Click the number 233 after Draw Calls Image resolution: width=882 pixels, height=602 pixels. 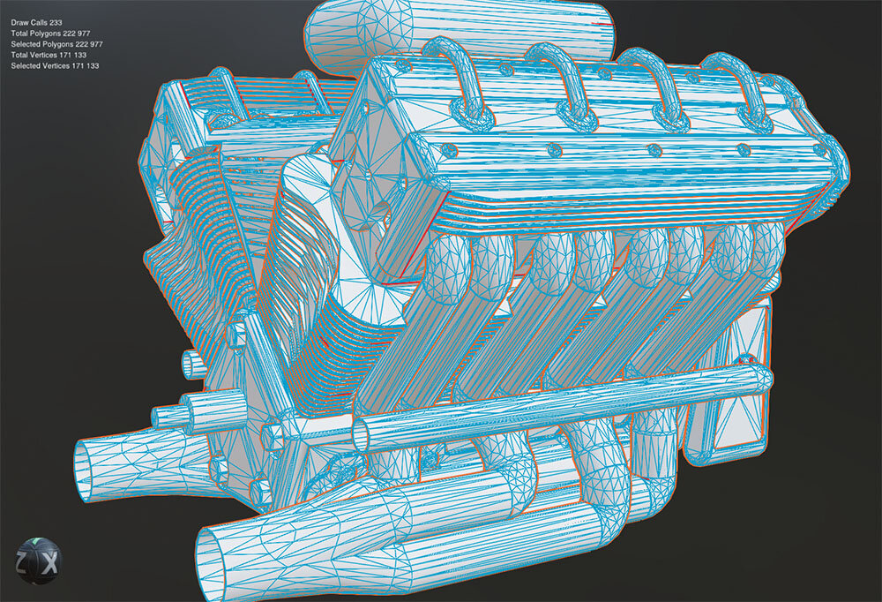click(56, 23)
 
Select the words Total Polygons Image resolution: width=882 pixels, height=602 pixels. click(36, 34)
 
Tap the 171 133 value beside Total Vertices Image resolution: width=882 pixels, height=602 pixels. click(72, 55)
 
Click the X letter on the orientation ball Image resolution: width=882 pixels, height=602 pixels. click(51, 563)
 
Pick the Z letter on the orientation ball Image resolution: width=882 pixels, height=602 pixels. click(21, 562)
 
